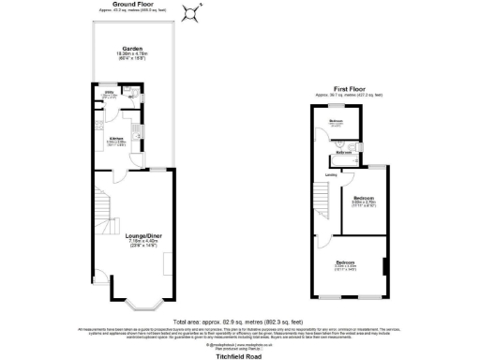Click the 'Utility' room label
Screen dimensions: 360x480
tap(110, 92)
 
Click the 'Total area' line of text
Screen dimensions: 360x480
tap(240, 322)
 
